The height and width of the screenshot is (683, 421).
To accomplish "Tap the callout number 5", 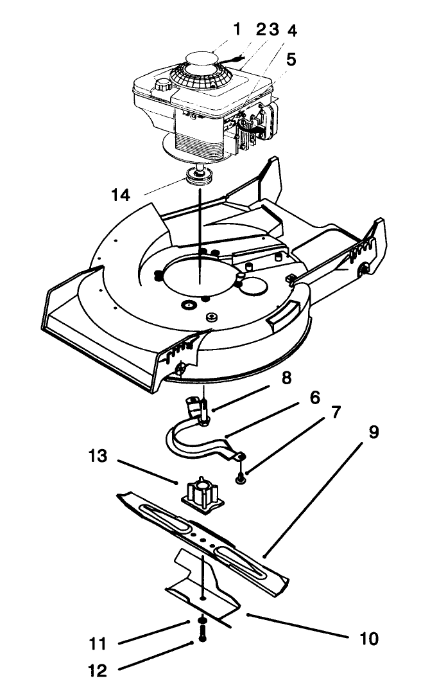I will (x=291, y=60).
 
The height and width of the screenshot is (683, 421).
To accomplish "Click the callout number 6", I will (x=314, y=398).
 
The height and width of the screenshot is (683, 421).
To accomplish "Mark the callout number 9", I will (x=373, y=432).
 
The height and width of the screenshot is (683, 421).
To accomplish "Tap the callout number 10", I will (x=369, y=639).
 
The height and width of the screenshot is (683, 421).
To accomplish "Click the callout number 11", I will (x=98, y=643).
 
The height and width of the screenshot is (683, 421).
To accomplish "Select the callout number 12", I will (x=98, y=670).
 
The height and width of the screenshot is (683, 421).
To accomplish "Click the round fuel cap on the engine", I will (x=162, y=84).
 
